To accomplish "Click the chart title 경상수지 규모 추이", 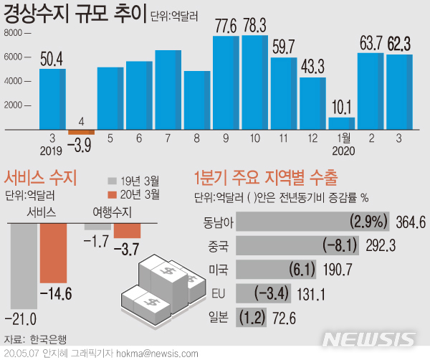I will point(75,14).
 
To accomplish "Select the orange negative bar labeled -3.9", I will point(81,132).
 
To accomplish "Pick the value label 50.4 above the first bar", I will point(52,57).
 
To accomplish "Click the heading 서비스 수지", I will point(41,177).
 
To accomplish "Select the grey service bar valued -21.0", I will point(25,265).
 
